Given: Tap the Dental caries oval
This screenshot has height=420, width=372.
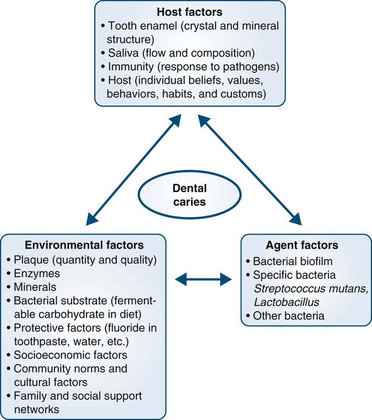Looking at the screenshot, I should (186, 194).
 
